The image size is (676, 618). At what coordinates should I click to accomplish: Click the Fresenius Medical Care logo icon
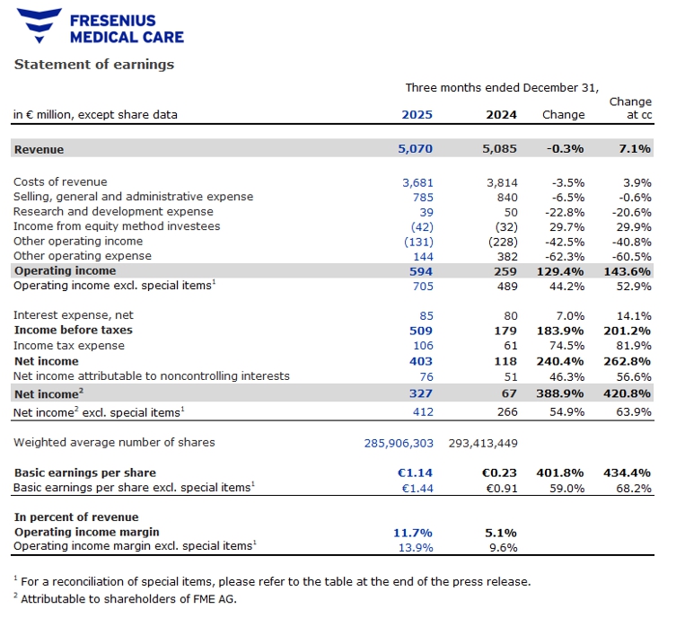[38, 26]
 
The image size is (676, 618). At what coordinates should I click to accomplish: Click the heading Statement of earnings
[93, 64]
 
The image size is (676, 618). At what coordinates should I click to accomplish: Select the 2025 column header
[417, 114]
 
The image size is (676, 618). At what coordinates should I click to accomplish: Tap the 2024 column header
[501, 114]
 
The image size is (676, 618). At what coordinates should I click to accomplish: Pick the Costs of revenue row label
[60, 182]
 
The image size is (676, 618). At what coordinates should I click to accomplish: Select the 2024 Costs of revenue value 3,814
[501, 182]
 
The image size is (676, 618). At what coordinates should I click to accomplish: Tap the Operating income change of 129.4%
[562, 270]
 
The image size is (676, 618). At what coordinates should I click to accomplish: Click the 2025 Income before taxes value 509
[421, 330]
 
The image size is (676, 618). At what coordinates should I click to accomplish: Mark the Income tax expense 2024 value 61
[509, 345]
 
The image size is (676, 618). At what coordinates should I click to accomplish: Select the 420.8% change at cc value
[628, 393]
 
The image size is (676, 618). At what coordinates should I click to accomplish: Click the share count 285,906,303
[387, 442]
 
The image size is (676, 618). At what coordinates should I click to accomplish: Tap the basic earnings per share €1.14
[417, 472]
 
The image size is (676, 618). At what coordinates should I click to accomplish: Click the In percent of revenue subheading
[76, 516]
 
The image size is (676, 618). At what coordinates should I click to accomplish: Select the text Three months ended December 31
[502, 87]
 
